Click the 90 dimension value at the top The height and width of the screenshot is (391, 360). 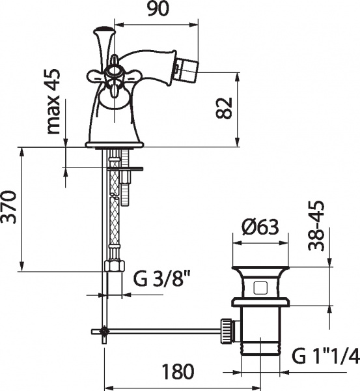[158, 8]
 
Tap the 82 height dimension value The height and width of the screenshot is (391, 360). [224, 108]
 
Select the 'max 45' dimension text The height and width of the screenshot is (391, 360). [53, 101]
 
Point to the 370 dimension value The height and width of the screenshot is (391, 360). [8, 207]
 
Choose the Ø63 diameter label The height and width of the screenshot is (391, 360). [260, 227]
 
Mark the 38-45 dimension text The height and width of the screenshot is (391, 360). [316, 225]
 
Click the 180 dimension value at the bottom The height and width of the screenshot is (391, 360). [178, 371]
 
